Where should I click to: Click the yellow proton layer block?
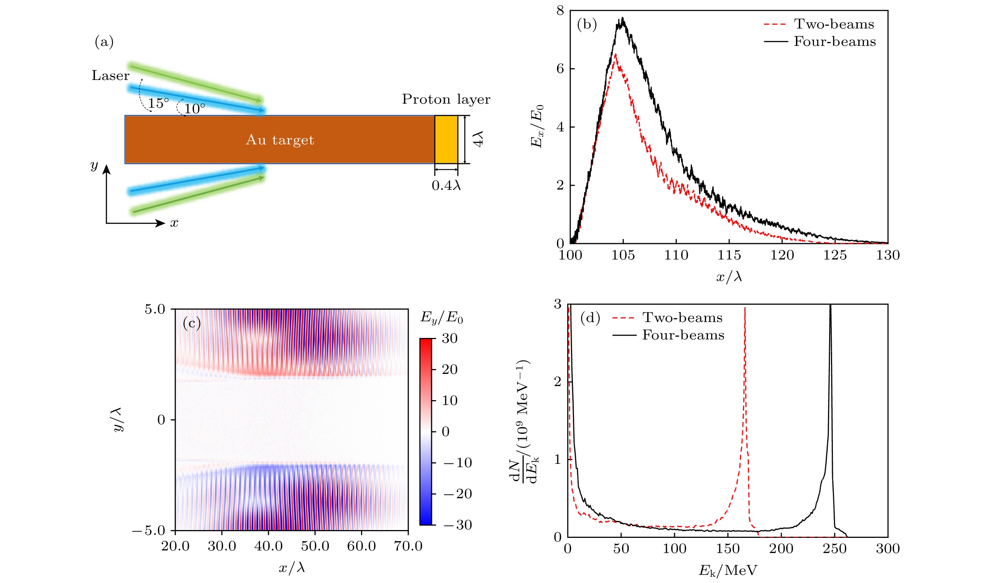pos(446,139)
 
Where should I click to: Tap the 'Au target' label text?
pos(280,140)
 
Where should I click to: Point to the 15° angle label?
pos(158,103)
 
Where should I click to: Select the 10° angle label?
pos(195,109)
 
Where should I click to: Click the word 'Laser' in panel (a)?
pos(111,76)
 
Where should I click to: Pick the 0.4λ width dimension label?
pos(446,185)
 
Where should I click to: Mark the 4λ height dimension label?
pos(478,139)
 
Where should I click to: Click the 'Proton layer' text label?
pos(446,100)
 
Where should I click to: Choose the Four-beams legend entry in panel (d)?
pos(668,335)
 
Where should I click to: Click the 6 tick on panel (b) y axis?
pos(560,69)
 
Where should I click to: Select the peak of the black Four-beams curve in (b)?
pos(622,18)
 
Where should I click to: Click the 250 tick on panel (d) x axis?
pos(834,549)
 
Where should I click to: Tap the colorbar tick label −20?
pos(458,494)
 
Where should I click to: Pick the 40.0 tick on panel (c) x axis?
pos(268,546)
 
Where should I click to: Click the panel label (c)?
pos(192,323)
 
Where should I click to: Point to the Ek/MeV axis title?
pos(727,570)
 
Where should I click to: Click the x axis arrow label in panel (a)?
pos(174,223)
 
